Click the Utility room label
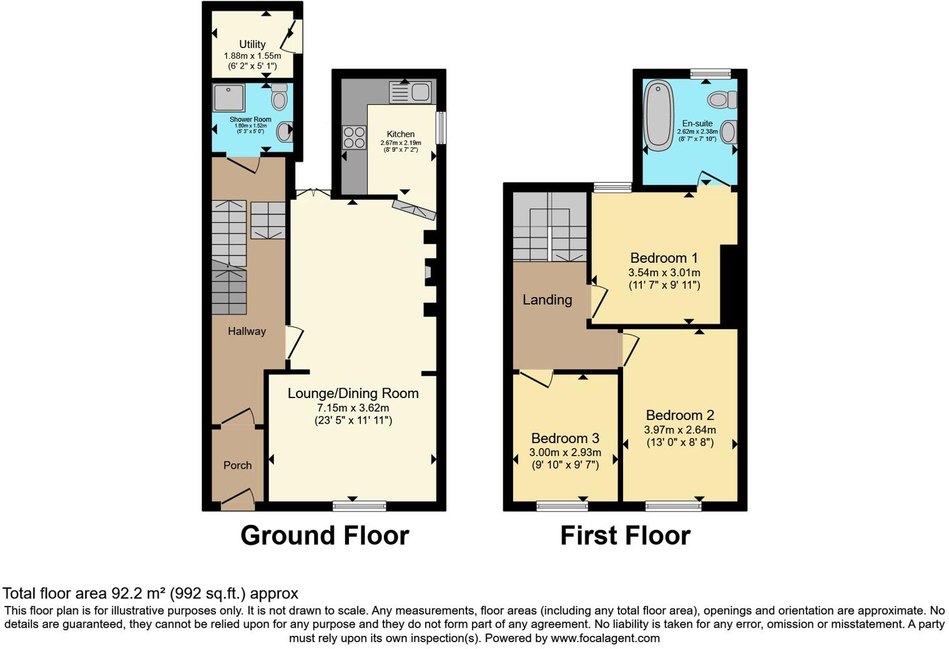[252, 44]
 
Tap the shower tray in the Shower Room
[229, 97]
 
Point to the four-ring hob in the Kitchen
[354, 137]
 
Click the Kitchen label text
[400, 134]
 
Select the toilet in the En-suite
[722, 99]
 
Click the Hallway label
[247, 331]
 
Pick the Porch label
[237, 466]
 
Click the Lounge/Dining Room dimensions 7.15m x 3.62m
[353, 407]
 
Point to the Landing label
[547, 300]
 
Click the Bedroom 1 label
[664, 258]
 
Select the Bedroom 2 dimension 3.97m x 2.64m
[680, 429]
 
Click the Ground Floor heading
[325, 535]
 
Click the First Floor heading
[625, 535]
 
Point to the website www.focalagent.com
[605, 638]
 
